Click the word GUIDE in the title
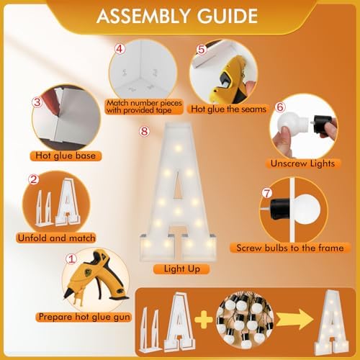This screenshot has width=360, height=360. (228, 17)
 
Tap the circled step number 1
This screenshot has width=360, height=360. (71, 259)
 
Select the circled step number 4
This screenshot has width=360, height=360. (120, 49)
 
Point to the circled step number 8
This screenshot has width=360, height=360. (144, 131)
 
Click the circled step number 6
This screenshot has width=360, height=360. (280, 107)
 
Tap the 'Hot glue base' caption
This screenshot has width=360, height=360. (66, 156)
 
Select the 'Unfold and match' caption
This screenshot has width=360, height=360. (56, 238)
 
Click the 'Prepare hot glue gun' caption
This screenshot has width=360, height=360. (84, 317)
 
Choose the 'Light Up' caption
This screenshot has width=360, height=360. (181, 269)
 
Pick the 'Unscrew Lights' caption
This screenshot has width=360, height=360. (302, 163)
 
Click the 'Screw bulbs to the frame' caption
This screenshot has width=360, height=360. (290, 248)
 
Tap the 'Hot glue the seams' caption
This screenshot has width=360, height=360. (228, 109)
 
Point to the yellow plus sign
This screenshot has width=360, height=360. (204, 320)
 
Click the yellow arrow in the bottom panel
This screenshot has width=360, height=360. (294, 320)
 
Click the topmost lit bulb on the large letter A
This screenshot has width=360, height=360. (178, 148)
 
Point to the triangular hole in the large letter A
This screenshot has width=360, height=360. (178, 185)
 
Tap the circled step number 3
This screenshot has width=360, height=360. (37, 102)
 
